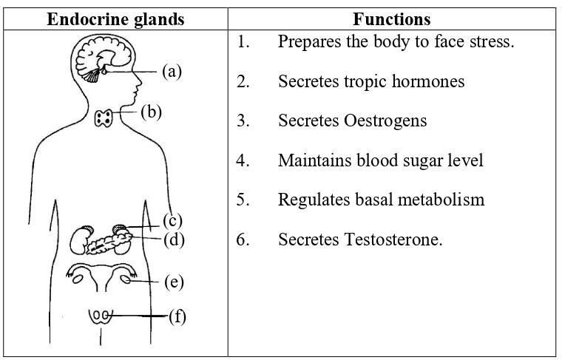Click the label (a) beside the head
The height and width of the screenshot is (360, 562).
[x=171, y=72]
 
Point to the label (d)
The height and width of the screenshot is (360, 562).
[x=173, y=239]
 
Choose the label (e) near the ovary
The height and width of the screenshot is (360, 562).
[x=172, y=282]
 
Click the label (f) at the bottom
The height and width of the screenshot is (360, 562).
[x=176, y=317]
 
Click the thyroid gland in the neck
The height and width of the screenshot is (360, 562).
[x=104, y=117]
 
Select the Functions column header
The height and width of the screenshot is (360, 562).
[x=391, y=19]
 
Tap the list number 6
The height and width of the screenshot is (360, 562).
[x=243, y=240]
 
